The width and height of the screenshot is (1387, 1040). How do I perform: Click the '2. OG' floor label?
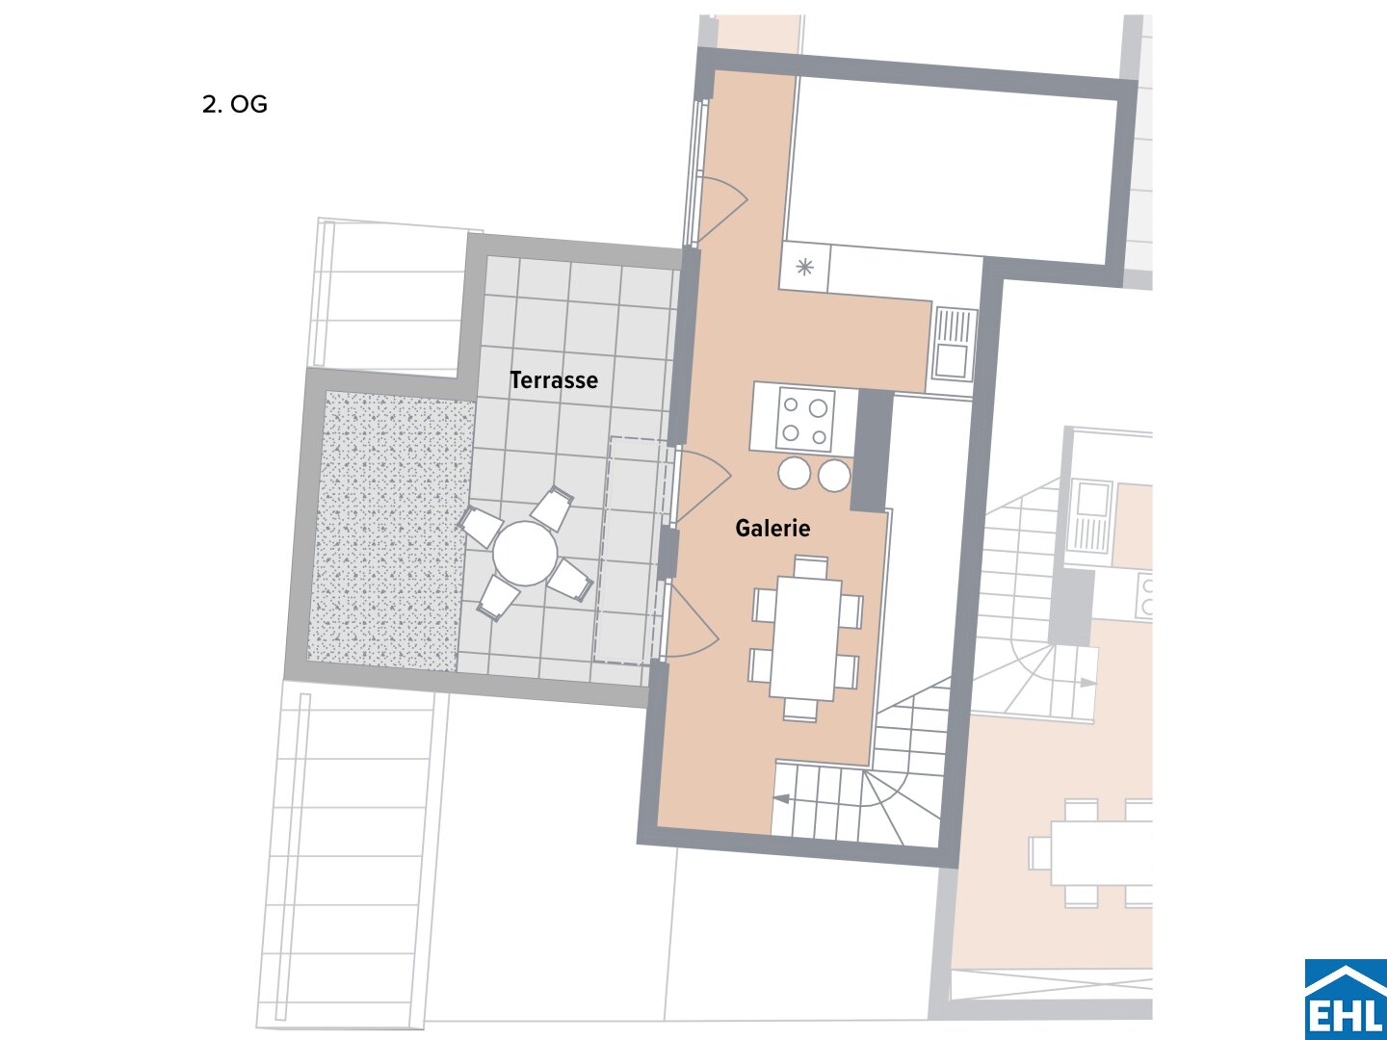click(234, 104)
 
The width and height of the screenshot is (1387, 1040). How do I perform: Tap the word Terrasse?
click(554, 380)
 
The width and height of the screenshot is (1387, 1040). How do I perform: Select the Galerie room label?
click(772, 528)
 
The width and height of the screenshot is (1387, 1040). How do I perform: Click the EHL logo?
click(1346, 999)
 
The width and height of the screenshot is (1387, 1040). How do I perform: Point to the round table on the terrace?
click(525, 554)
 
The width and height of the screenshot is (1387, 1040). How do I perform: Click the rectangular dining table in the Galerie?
click(805, 637)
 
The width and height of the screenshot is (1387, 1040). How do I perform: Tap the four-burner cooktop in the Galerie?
click(805, 420)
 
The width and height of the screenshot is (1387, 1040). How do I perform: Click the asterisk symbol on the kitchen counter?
click(804, 268)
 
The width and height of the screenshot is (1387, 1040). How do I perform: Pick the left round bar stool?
click(794, 474)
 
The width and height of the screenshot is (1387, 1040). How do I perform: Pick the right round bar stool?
click(834, 476)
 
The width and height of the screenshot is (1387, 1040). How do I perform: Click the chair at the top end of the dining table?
click(811, 566)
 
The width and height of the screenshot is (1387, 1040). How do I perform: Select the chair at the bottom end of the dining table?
click(800, 710)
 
